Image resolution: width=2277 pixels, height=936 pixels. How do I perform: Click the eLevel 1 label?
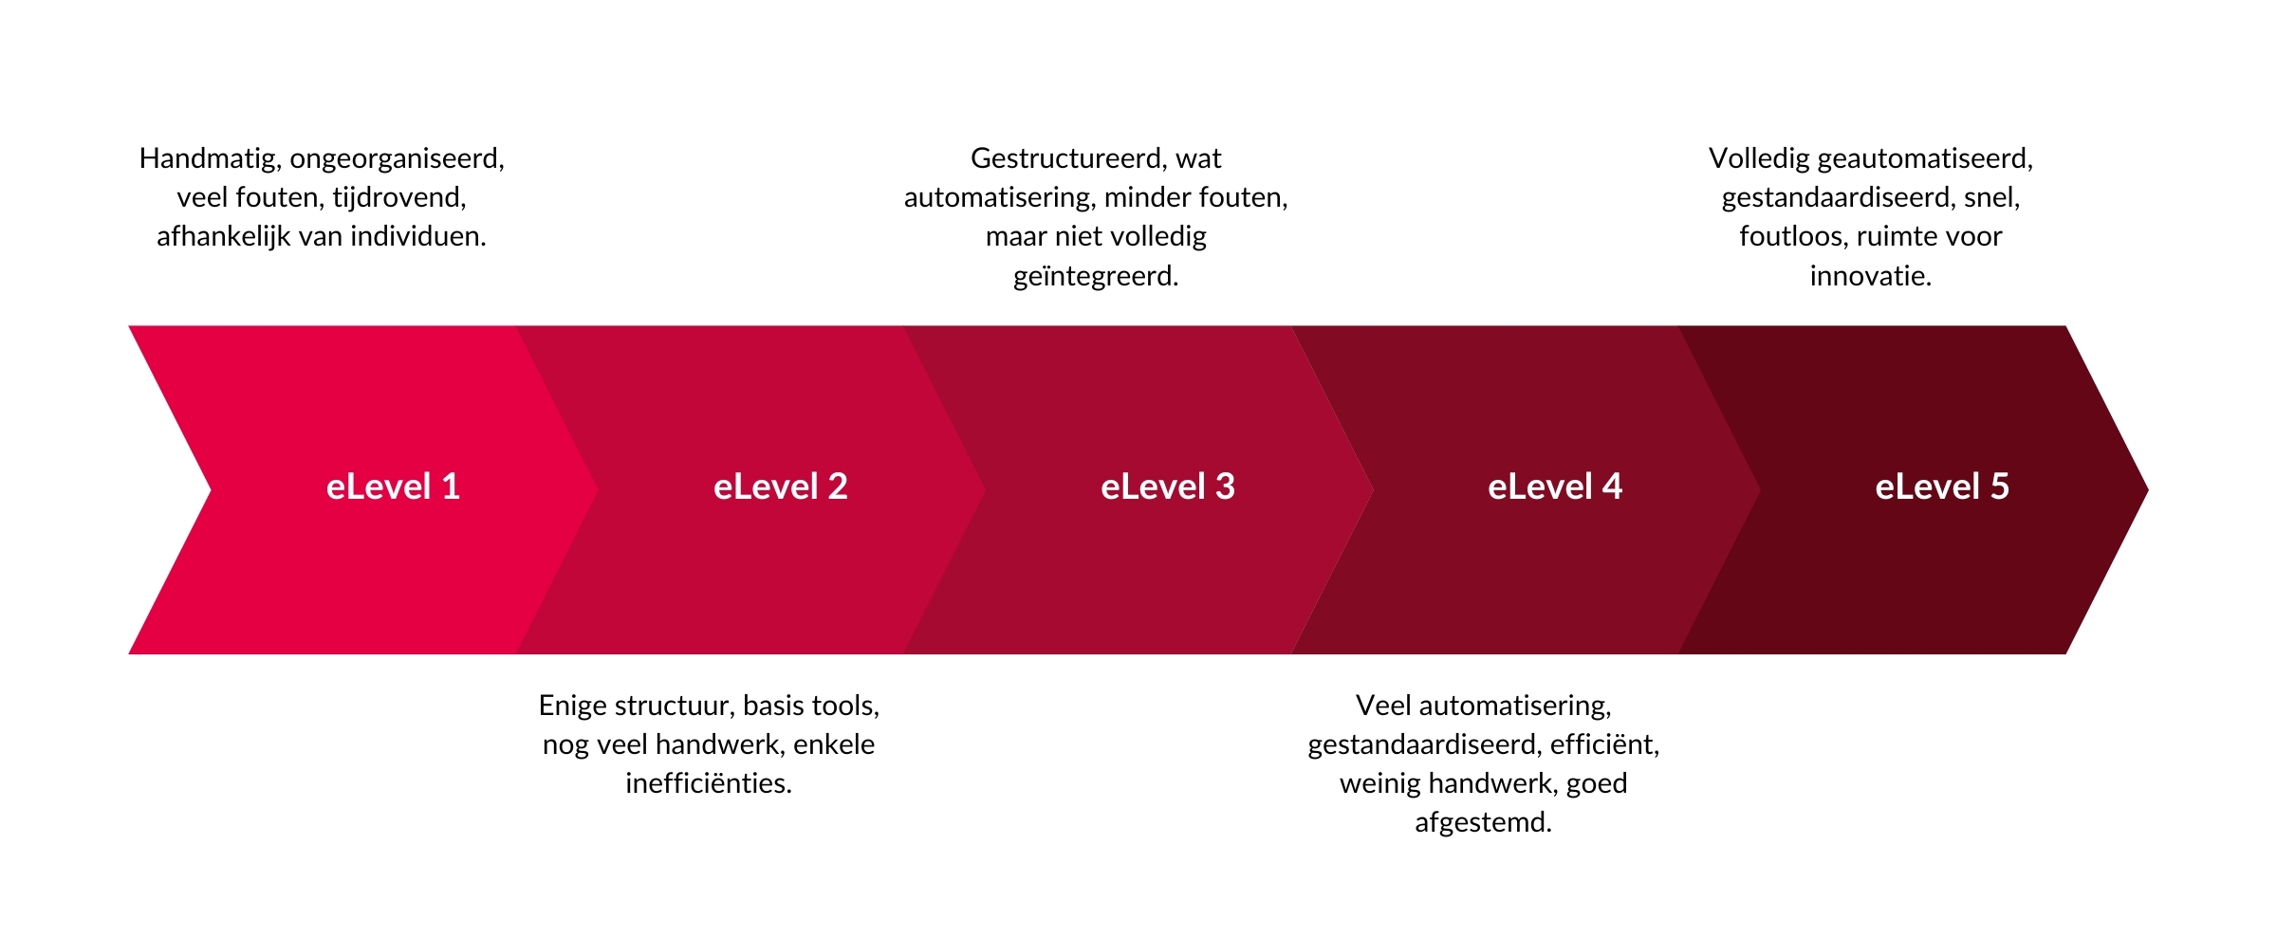tap(393, 486)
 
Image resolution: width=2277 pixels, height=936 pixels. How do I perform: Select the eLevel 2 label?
tap(780, 486)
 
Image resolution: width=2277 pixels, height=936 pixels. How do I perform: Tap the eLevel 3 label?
tap(1167, 486)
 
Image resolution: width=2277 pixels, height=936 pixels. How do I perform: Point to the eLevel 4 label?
tap(1555, 486)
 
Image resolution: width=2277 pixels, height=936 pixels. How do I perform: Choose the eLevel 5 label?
tap(1942, 486)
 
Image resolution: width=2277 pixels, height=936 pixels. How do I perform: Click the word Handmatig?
tap(210, 158)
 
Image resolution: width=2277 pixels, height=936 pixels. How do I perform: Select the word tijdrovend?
tap(399, 197)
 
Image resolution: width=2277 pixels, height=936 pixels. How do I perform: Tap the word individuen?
tap(417, 236)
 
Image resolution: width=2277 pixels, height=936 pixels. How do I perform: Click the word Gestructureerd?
tap(1067, 158)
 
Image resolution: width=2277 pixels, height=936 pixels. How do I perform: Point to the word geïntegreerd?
tap(1096, 276)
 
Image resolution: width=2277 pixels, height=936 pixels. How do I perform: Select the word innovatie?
tap(1870, 276)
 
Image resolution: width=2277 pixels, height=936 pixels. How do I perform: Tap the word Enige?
tap(573, 706)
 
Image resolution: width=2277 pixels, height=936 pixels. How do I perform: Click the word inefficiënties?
tap(709, 783)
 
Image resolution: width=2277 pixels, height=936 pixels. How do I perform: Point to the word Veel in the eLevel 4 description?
tap(1383, 706)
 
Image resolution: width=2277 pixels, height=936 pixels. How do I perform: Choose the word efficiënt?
tap(1604, 744)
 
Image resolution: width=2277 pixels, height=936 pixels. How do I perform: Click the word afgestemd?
tap(1483, 822)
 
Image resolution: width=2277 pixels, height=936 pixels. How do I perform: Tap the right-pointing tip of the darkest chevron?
tap(2148, 489)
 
